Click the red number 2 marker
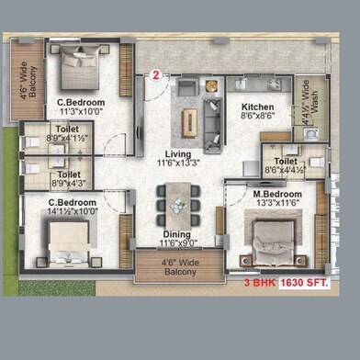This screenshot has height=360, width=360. pyautogui.click(x=157, y=76)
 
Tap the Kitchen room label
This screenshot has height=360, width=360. pyautogui.click(x=245, y=107)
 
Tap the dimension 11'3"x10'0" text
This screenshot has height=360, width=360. pyautogui.click(x=81, y=113)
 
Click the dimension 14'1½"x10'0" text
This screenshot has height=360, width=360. pyautogui.click(x=77, y=210)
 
